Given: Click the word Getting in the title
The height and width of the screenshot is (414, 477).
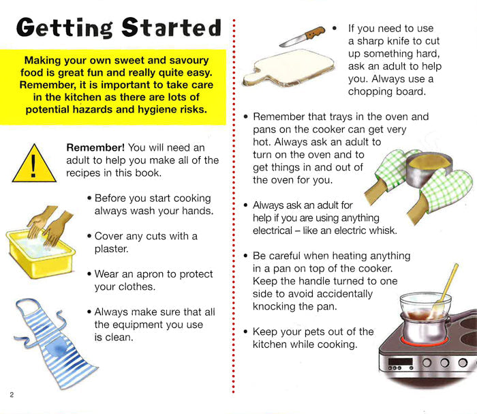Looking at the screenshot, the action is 65,29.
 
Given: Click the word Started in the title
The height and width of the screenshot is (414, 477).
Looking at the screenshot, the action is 172,27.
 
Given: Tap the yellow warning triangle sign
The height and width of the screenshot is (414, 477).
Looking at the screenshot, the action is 34,164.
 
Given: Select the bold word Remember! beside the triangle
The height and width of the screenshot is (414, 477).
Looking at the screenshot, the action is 95,147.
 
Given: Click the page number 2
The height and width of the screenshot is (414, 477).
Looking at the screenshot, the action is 12,395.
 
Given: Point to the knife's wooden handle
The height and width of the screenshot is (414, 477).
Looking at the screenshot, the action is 315,33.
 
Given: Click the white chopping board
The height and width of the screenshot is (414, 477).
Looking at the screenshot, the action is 289,68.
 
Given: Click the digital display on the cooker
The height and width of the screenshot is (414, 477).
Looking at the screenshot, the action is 401,361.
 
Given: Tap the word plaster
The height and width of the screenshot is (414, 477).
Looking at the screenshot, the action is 111,249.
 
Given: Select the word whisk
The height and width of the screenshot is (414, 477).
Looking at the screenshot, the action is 383,231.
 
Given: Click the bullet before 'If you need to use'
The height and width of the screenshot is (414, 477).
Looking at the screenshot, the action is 335,29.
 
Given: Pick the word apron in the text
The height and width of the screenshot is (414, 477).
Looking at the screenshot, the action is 151,274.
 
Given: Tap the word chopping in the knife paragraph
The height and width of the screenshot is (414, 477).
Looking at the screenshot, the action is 369,91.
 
